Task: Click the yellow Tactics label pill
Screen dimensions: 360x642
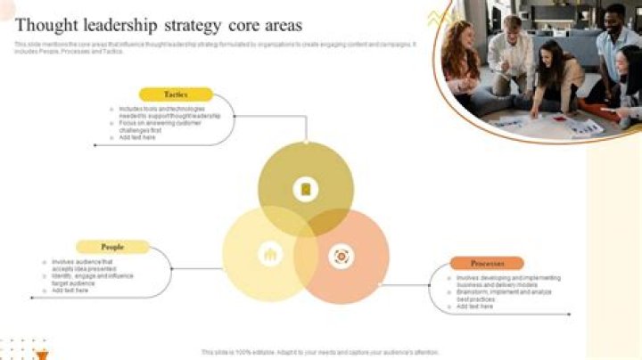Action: pos(176,94)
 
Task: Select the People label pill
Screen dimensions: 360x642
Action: pos(112,247)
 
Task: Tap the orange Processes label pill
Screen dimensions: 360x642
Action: pos(487,264)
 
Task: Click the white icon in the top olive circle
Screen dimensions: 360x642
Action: pos(306,189)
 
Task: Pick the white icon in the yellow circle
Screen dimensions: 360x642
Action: pos(269,255)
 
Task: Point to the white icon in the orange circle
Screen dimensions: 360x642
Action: pos(341,257)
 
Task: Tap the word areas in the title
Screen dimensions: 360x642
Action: pos(280,25)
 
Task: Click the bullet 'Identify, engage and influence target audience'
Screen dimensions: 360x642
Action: pos(95,280)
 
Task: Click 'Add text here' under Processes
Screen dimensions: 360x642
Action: pos(475,307)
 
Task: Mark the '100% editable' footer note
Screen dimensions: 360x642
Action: pos(320,352)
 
